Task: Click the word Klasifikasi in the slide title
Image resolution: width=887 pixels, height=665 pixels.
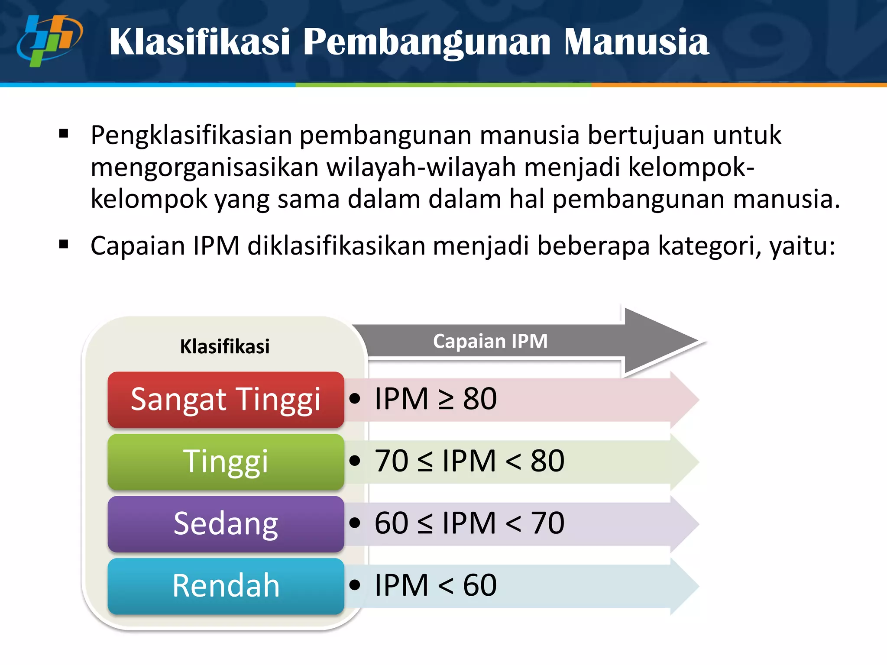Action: click(199, 42)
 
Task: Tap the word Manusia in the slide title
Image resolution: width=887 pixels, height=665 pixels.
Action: click(636, 42)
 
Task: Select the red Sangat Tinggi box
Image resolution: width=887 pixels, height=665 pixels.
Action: click(226, 400)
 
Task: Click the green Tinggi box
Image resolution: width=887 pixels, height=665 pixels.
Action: click(226, 462)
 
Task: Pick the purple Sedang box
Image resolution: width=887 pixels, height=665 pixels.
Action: click(226, 524)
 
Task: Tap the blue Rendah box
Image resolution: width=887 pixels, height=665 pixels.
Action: click(226, 586)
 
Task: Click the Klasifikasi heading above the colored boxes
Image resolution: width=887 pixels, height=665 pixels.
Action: click(225, 347)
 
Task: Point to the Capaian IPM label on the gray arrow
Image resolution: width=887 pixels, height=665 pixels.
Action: click(490, 341)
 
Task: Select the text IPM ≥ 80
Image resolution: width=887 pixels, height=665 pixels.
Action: click(435, 399)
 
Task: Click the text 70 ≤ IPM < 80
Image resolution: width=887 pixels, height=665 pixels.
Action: click(469, 461)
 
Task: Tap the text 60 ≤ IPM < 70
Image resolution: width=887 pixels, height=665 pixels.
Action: click(469, 523)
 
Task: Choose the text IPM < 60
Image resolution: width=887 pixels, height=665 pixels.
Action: click(435, 585)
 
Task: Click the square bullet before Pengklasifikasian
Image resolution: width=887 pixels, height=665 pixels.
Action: click(64, 134)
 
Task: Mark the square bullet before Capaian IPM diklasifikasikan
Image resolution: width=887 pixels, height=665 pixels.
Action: click(64, 245)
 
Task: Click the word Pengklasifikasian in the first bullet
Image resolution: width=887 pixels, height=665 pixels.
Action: click(191, 136)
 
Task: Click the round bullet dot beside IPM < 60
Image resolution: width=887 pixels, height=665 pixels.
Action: click(355, 585)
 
